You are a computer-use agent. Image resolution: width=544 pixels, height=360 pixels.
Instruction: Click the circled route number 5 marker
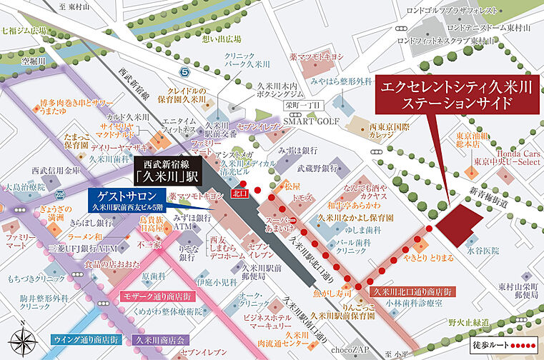pyautogui.click(x=185, y=72)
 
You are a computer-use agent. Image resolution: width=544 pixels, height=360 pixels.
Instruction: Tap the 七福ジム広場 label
pyautogui.click(x=24, y=31)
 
